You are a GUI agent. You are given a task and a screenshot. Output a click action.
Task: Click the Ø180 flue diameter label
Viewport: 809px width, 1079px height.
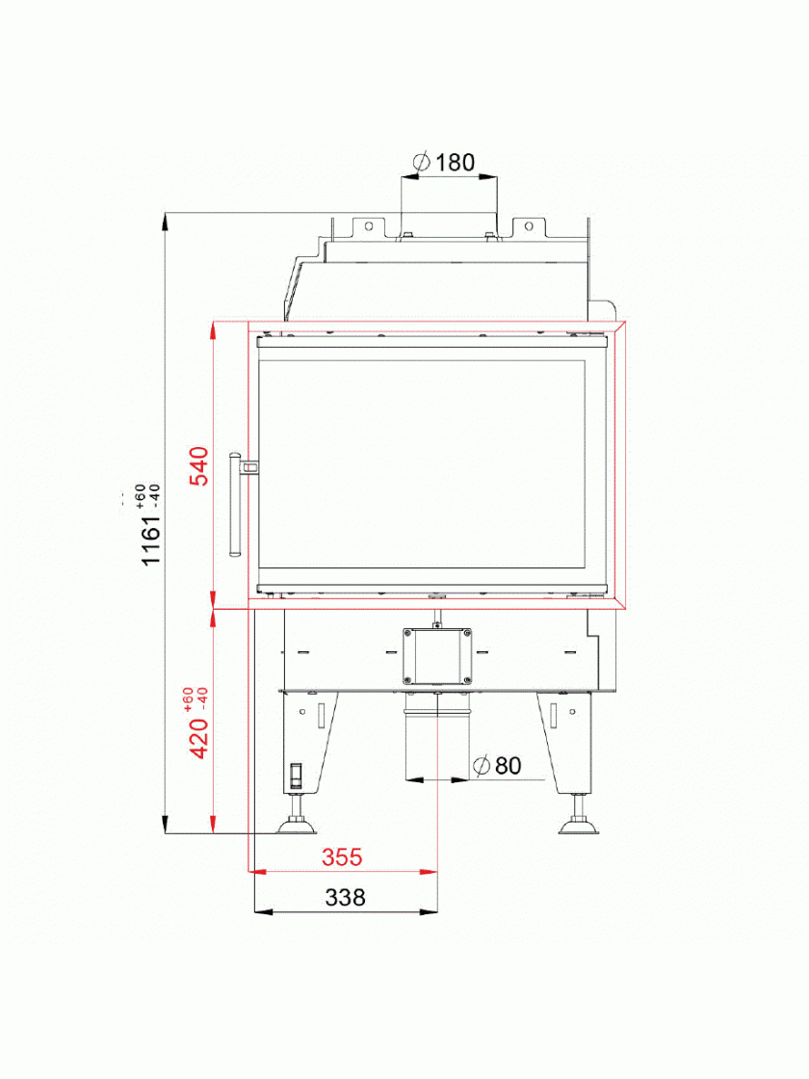tap(444, 163)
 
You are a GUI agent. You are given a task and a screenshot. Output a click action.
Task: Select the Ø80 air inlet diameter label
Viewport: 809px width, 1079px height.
tap(497, 765)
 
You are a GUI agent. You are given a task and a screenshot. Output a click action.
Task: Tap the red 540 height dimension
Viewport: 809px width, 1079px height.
tap(198, 466)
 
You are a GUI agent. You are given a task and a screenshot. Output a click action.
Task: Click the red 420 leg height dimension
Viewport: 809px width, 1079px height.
tap(198, 738)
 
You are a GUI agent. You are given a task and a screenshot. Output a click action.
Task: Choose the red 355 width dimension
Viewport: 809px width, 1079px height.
tap(342, 856)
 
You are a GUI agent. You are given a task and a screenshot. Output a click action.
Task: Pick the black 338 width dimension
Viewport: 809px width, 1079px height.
tap(346, 897)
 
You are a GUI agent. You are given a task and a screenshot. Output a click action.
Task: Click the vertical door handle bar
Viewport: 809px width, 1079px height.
tap(234, 504)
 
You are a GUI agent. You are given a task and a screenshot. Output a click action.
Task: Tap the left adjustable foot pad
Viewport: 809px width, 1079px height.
tap(297, 826)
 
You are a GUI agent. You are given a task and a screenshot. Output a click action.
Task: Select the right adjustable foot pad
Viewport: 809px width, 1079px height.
tap(577, 826)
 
